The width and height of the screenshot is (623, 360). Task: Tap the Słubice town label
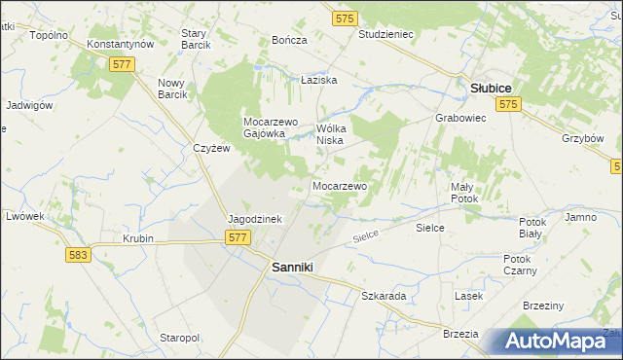pos(492,87)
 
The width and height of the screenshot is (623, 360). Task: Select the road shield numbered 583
pos(80,254)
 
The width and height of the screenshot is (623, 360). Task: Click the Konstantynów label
pos(121,45)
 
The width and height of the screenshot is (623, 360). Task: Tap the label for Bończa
pos(290,40)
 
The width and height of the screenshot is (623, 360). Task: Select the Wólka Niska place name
pos(334,133)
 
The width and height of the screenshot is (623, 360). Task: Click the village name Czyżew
pos(210,148)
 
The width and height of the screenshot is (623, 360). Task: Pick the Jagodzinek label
pos(254,219)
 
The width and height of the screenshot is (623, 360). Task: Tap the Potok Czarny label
pos(516,265)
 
